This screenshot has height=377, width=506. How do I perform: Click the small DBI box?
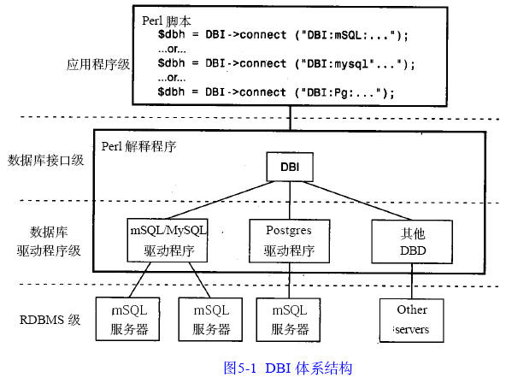pos(290,167)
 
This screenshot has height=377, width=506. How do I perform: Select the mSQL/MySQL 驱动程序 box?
pos(168,240)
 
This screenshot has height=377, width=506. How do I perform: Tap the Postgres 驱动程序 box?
pos(290,241)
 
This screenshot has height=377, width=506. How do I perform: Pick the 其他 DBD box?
pos(412,242)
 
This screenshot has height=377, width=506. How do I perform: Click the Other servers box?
pos(411,321)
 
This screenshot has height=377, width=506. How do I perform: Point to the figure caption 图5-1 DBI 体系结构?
pos(288,368)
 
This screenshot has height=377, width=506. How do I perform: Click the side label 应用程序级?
pos(98,64)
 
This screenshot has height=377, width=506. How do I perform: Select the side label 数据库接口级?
pos(46,160)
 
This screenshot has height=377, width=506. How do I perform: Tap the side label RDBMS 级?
pos(50,320)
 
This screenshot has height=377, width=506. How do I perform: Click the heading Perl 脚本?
pos(167,21)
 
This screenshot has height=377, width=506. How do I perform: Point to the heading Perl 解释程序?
pos(138,146)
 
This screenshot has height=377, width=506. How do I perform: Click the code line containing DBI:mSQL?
pos(283,35)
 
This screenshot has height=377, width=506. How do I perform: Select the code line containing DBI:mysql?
pos(286,63)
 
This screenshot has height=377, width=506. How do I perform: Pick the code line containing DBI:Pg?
pos(276,92)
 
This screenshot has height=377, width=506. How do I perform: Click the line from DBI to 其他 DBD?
pos(357,201)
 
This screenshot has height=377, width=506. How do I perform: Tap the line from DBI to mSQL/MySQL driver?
pos(221,200)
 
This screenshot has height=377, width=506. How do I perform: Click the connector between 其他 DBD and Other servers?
pos(412,281)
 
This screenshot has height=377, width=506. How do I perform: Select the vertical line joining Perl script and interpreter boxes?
pos(290,118)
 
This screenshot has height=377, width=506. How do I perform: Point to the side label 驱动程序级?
pos(49,250)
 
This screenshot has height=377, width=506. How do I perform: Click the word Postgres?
pos(289,231)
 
